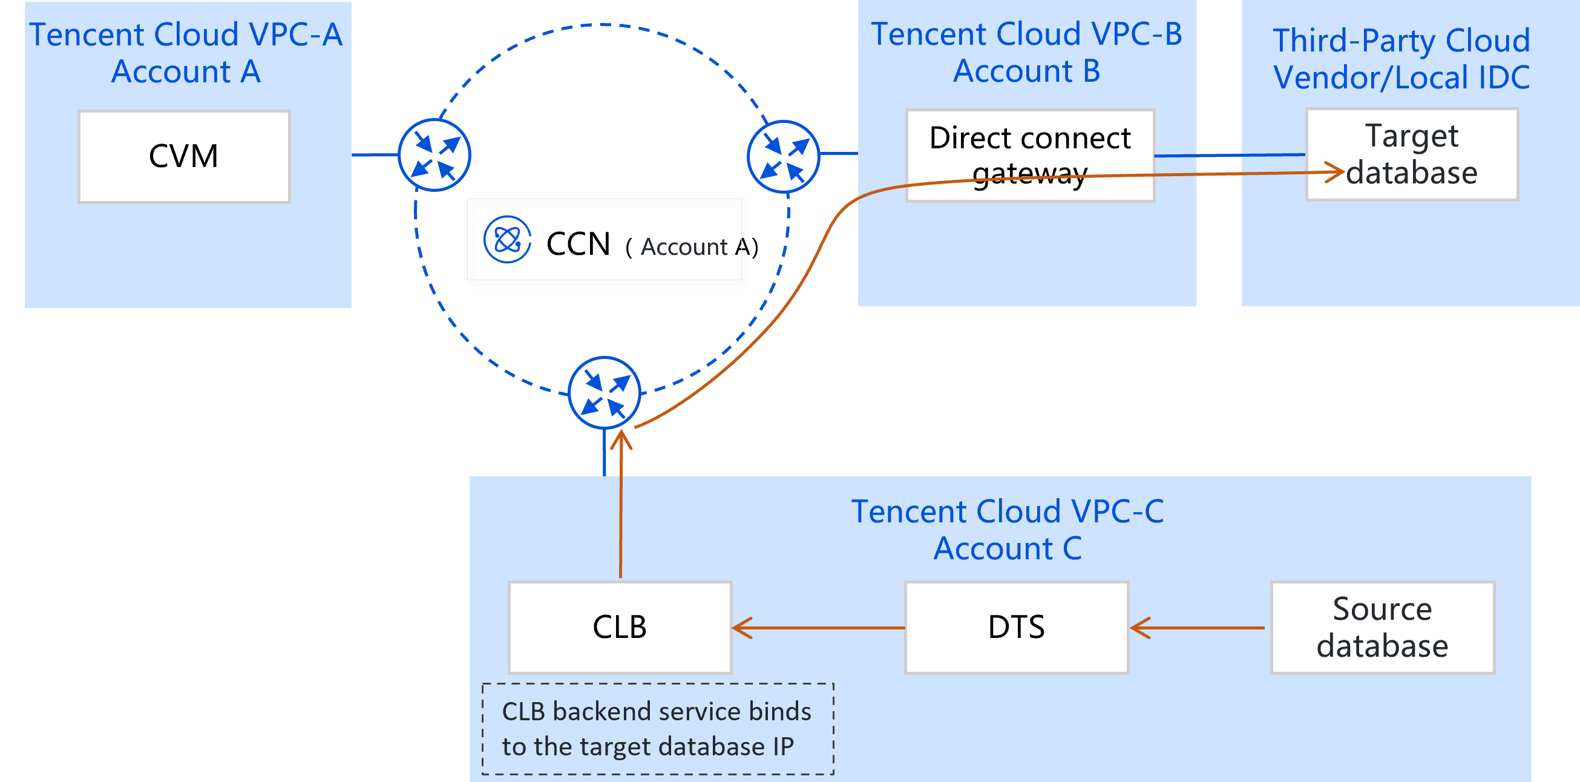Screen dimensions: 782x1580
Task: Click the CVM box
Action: coord(184,156)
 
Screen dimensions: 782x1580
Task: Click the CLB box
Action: coord(620,628)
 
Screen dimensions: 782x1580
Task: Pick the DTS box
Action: coord(1017,628)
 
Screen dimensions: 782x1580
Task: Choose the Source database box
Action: coord(1383,628)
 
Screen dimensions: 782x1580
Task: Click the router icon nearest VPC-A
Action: coord(434,156)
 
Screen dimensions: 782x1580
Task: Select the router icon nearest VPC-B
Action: coord(783,157)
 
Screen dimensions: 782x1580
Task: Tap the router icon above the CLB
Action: coord(605,392)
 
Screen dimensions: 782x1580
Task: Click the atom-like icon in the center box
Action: coord(507,240)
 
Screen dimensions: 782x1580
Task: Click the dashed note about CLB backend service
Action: coord(658,729)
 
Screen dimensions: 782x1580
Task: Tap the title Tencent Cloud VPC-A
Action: coord(186,35)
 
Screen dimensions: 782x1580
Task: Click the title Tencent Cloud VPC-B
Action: coord(1026,34)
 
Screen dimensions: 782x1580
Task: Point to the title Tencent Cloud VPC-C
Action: coord(1007,511)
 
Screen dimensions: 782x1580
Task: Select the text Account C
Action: coord(1007,548)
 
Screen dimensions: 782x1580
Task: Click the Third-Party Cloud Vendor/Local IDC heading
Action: coord(1401,59)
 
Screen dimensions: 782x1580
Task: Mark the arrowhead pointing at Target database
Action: coord(1335,172)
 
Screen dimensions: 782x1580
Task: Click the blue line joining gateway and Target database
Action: coord(1229,156)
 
